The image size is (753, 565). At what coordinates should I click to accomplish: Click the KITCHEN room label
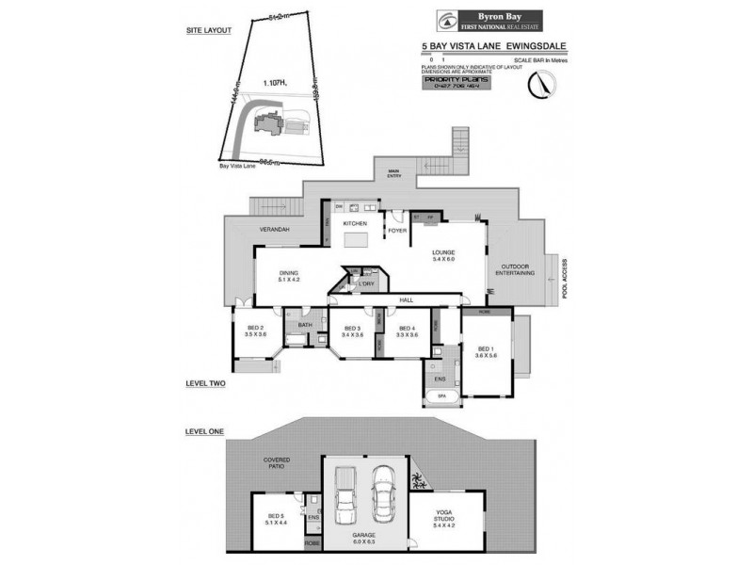click(354, 223)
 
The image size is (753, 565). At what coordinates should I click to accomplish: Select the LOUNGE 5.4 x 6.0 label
click(443, 256)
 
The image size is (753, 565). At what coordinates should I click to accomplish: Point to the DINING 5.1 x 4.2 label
click(288, 276)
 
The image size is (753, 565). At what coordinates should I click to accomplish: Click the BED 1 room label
click(485, 349)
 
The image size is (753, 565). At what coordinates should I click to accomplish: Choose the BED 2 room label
click(255, 330)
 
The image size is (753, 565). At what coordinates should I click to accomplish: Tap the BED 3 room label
click(353, 330)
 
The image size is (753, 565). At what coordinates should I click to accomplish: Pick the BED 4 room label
click(407, 330)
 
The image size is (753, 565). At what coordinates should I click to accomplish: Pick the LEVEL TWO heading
click(205, 383)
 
